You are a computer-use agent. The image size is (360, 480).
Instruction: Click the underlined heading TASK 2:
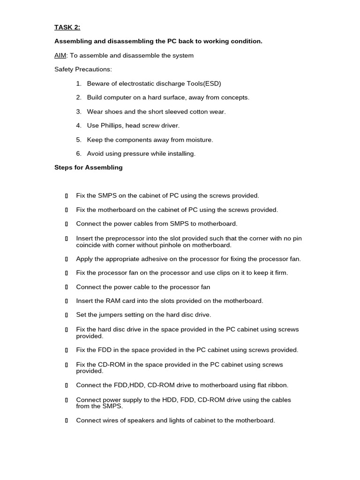pos(67,27)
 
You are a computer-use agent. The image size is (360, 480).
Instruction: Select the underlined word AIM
pos(60,55)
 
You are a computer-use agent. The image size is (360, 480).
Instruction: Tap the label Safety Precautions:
pos(83,69)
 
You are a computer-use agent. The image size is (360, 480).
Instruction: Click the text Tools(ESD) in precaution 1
pos(202,83)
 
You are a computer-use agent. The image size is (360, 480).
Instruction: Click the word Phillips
pos(112,126)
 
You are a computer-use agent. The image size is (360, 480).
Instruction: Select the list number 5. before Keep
pos(79,140)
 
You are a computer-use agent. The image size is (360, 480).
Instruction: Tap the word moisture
pos(199,140)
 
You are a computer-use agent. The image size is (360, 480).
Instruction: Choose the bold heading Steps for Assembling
pos(88,167)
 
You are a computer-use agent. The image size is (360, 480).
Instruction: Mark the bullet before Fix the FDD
pos(67,350)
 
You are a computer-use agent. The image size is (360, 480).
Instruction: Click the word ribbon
pos(276,385)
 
